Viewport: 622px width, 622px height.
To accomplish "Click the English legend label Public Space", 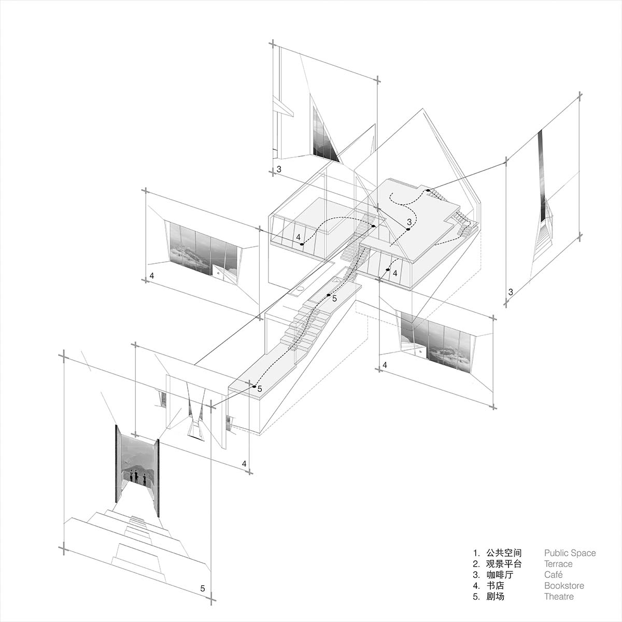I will [x=570, y=553].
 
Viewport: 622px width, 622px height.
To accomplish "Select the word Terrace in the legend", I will [x=558, y=564].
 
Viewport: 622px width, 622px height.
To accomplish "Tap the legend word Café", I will [x=553, y=575].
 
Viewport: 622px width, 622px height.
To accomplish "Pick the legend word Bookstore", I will [x=564, y=586].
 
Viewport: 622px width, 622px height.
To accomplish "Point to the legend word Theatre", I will [x=559, y=597].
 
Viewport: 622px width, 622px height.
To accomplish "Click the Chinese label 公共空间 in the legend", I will [x=504, y=553].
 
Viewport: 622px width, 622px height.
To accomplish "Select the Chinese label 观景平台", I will [x=504, y=564].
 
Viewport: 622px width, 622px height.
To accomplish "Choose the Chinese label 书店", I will [x=494, y=586].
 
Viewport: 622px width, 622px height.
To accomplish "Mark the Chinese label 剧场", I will [x=494, y=597].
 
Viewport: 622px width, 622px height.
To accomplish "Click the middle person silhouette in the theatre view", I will [x=136, y=475].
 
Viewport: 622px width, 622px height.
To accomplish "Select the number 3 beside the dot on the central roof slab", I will [x=409, y=222].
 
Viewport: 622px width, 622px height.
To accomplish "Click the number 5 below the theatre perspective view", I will [x=203, y=588].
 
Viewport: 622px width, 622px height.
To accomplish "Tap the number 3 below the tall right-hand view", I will [x=511, y=292].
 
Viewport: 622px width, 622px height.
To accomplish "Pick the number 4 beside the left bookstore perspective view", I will [x=151, y=276].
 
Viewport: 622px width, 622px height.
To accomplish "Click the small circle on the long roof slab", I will [x=301, y=289].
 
